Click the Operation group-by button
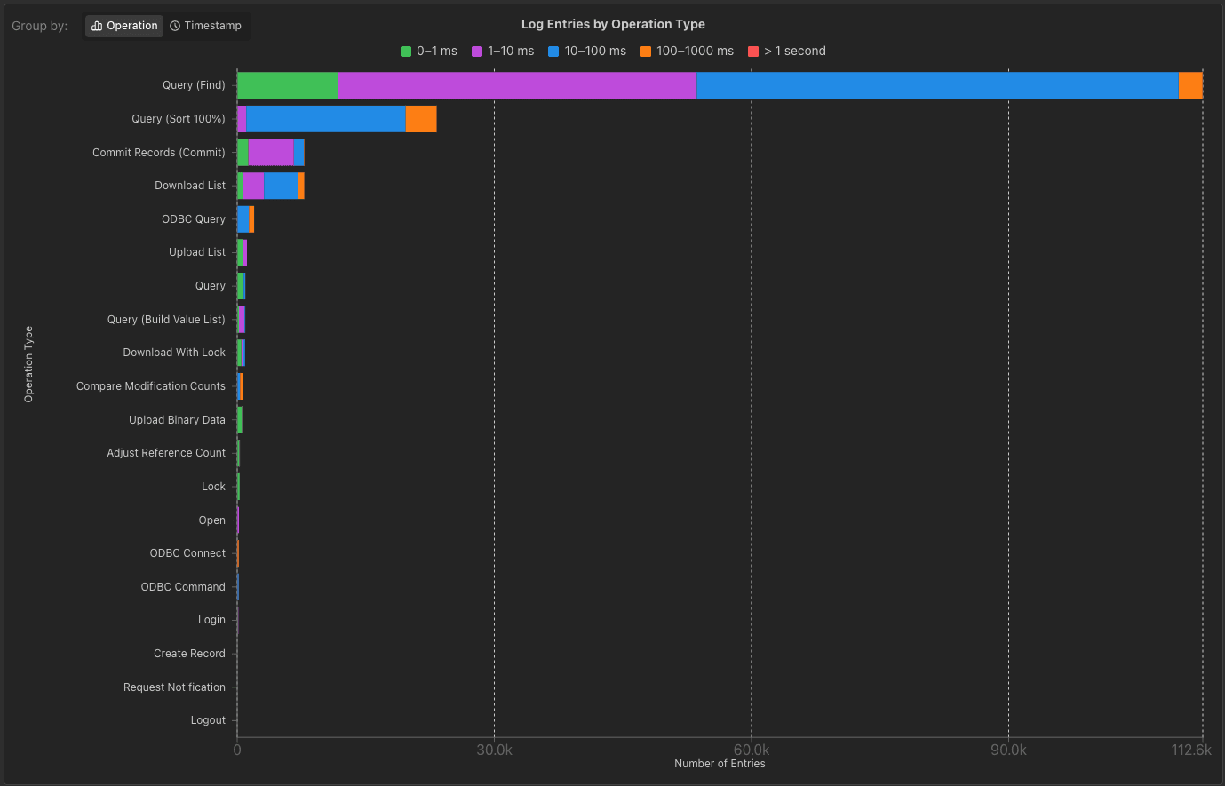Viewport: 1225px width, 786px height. coord(124,26)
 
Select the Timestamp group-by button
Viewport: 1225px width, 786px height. coord(206,26)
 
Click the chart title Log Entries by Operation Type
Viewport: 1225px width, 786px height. coord(613,24)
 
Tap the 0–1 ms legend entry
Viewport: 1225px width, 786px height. coord(429,51)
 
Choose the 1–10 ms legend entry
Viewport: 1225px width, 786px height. coord(503,51)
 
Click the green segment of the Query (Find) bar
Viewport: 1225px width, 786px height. coord(288,85)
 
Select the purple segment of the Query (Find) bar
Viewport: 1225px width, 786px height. coord(517,85)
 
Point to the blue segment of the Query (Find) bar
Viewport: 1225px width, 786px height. coord(937,85)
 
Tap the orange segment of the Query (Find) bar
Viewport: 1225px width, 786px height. coord(1190,85)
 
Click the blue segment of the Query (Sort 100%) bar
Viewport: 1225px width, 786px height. coord(326,119)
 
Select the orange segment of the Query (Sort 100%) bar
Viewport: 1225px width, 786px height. coord(421,119)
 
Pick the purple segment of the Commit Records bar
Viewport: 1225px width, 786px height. coord(271,152)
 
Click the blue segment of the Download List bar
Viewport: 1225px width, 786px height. coord(281,186)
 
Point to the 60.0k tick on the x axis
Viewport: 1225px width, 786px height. coord(752,750)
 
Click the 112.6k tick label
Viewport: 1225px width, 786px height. coord(1190,750)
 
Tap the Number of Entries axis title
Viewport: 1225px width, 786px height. coord(720,764)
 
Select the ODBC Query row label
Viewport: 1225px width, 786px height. coord(194,219)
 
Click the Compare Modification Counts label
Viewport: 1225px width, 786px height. coord(151,386)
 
